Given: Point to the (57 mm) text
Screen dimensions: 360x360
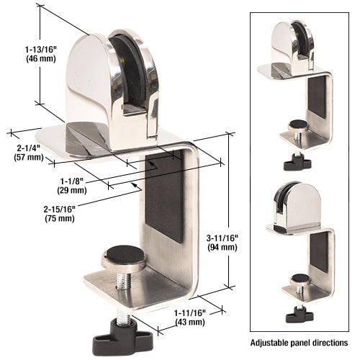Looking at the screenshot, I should point(28,157).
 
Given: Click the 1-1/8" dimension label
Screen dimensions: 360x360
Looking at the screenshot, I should point(73,181).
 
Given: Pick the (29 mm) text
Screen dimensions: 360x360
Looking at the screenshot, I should point(73,191).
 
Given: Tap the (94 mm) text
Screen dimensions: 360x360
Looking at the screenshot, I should point(221,247).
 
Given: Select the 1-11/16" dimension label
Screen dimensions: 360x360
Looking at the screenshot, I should point(189,312).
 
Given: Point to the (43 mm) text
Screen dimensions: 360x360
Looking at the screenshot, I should point(189,322).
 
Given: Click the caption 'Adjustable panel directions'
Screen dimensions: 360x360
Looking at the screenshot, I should point(299,342).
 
